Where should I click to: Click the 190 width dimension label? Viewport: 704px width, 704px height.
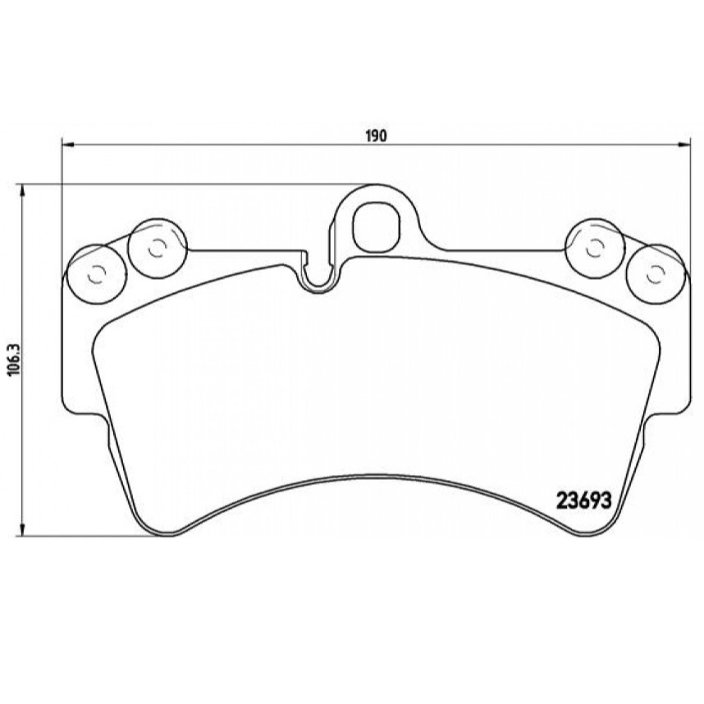pos(375,135)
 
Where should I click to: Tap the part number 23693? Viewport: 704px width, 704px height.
pos(583,501)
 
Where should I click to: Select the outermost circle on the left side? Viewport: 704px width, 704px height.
pos(96,274)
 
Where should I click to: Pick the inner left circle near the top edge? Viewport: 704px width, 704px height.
pos(157,248)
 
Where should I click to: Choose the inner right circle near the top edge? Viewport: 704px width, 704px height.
pos(594,248)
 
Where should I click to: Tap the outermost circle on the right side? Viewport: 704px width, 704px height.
pos(656,274)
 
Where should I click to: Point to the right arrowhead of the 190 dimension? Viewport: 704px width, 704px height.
pos(683,144)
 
